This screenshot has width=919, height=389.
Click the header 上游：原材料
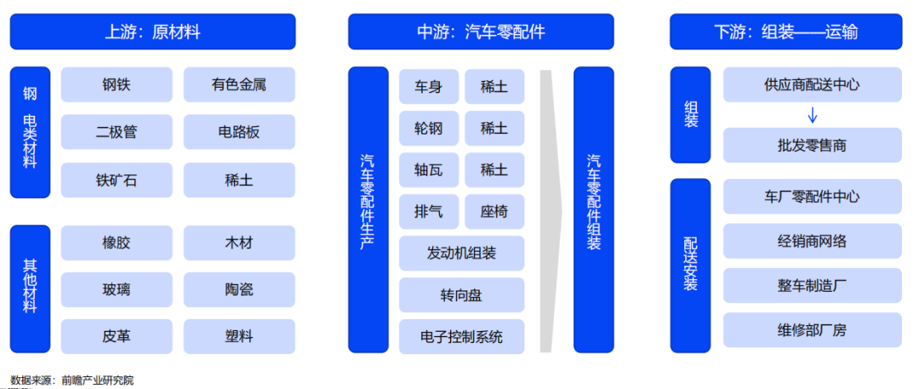[152, 31]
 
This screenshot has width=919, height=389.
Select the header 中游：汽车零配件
[481, 31]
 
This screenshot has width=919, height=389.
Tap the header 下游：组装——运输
[786, 31]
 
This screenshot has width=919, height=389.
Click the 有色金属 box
[239, 84]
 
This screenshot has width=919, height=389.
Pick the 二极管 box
[117, 132]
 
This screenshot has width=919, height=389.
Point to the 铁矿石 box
[117, 180]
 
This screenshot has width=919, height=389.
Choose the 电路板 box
[239, 132]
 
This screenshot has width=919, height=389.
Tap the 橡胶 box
[117, 243]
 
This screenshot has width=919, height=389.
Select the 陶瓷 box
[239, 289]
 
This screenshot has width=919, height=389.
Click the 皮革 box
[117, 336]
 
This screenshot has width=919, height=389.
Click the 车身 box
[428, 87]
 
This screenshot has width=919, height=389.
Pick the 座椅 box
[494, 211]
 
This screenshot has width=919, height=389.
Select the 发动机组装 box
[462, 254]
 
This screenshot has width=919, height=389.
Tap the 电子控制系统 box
[462, 337]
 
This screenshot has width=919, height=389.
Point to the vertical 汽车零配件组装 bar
[594, 209]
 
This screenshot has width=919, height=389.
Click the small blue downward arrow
[813, 115]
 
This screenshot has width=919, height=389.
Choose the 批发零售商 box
[813, 145]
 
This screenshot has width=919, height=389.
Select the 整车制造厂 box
[813, 286]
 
